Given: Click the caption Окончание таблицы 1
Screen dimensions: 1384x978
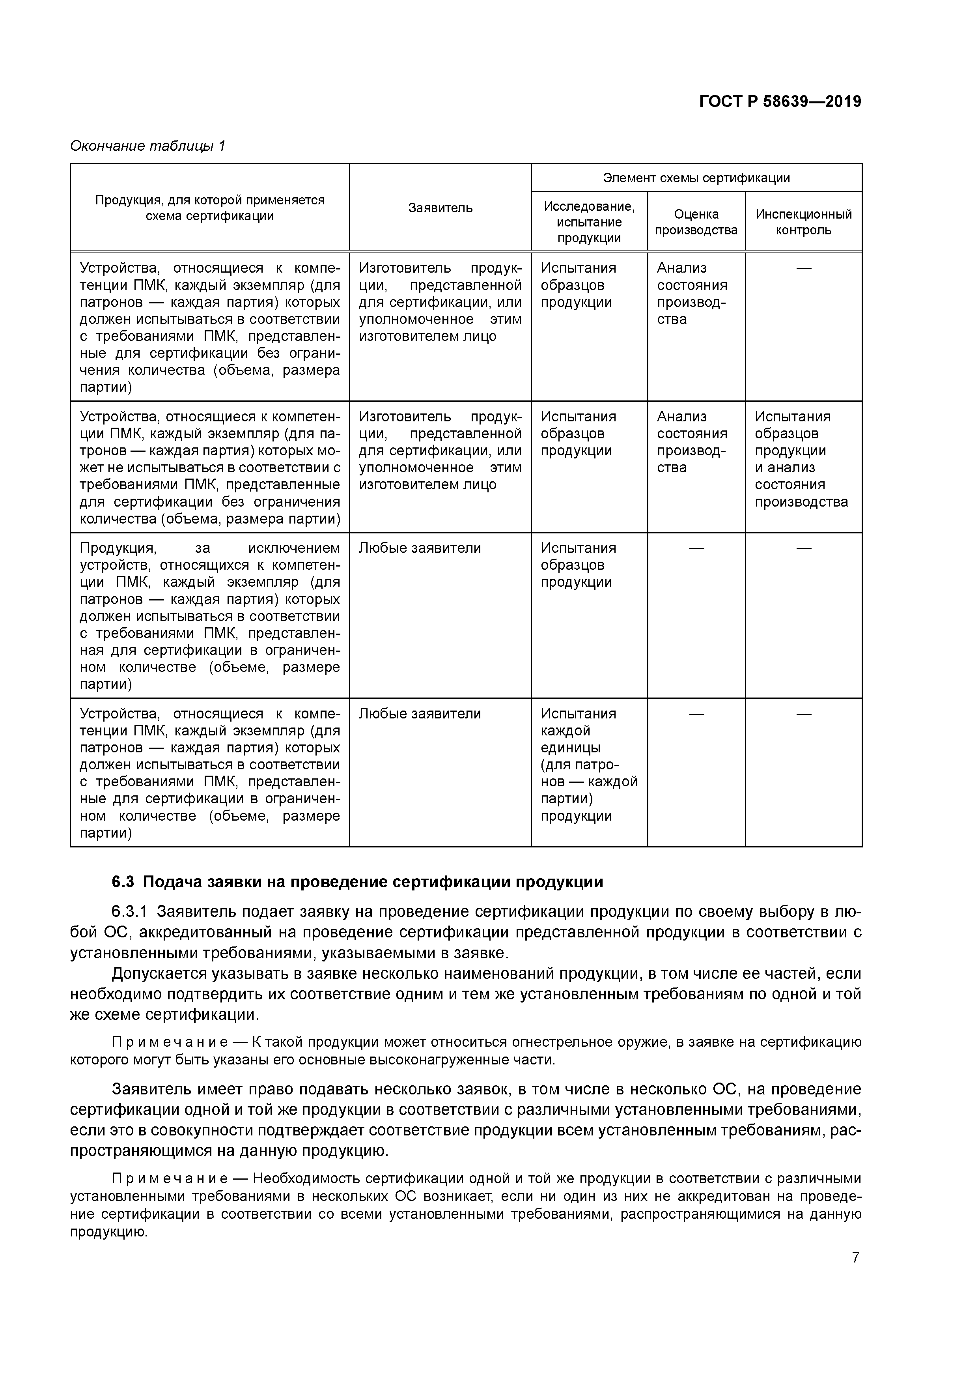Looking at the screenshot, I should coord(147,146).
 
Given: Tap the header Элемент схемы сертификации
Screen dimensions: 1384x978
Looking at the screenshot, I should coord(696,178).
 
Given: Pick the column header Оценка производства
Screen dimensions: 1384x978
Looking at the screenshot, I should coord(696,222).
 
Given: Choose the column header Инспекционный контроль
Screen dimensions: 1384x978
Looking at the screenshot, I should coord(803,222).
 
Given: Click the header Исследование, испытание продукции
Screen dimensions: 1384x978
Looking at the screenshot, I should coord(589,222).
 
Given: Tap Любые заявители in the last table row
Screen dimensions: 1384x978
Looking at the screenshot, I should coord(420,714).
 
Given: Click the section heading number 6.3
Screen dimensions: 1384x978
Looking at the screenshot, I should coord(122,882).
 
